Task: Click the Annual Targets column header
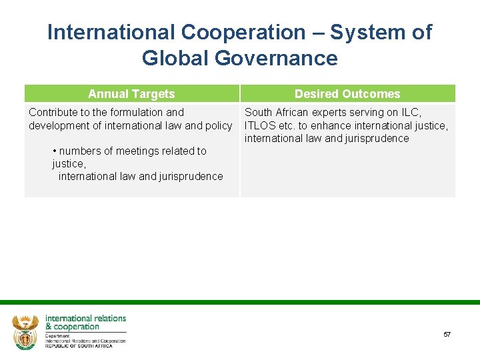click(x=131, y=94)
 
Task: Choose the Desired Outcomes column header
click(x=347, y=94)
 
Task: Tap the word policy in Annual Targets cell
click(x=219, y=125)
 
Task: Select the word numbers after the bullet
click(x=81, y=151)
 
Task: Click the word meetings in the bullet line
click(x=141, y=151)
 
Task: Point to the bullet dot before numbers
click(x=55, y=151)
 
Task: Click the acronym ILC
click(x=411, y=112)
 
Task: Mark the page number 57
click(x=447, y=334)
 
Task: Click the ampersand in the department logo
click(x=49, y=327)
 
